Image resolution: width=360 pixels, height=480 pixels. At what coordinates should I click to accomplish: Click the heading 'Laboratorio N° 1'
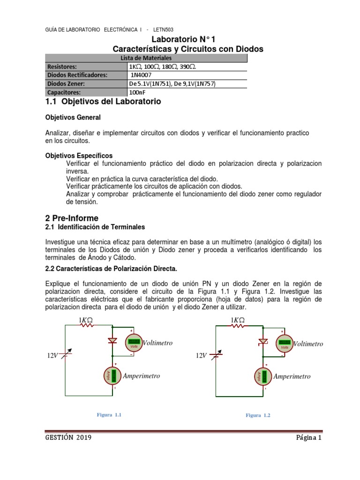pyautogui.click(x=188, y=39)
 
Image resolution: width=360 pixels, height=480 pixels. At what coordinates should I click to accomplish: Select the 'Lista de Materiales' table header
pyautogui.click(x=146, y=58)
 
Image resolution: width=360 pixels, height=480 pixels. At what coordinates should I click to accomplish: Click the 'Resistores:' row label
pyautogui.click(x=62, y=66)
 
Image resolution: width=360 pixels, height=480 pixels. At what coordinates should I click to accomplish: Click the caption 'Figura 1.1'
pyautogui.click(x=109, y=414)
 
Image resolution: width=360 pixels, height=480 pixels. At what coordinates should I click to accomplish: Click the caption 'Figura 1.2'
pyautogui.click(x=258, y=415)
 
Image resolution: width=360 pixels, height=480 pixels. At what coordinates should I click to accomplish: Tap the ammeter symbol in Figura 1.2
pyautogui.click(x=264, y=375)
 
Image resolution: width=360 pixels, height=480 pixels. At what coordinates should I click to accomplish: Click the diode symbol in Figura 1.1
pyautogui.click(x=112, y=340)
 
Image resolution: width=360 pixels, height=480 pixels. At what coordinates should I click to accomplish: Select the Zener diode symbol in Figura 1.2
pyautogui.click(x=263, y=341)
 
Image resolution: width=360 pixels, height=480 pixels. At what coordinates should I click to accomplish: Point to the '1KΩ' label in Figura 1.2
pyautogui.click(x=238, y=320)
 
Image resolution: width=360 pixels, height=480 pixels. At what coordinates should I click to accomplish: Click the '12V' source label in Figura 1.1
pyautogui.click(x=52, y=356)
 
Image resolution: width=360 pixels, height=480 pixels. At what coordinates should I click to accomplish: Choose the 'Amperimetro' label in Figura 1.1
pyautogui.click(x=141, y=376)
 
